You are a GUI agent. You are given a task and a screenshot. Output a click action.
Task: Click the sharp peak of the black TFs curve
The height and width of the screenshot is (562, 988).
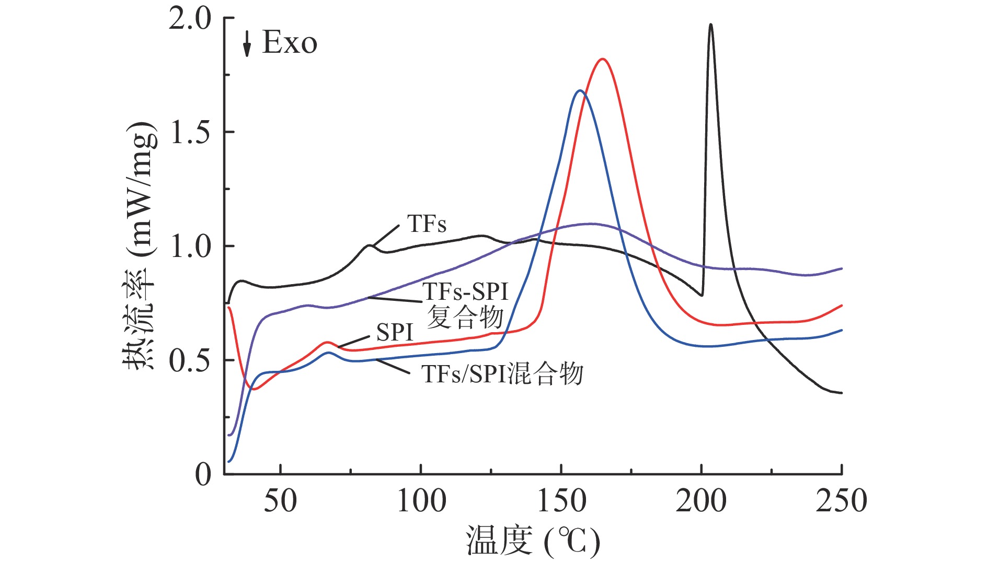710,25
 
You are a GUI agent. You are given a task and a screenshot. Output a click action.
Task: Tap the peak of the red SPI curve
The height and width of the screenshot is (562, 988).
603,60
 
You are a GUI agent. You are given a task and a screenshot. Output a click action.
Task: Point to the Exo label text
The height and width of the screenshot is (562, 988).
289,42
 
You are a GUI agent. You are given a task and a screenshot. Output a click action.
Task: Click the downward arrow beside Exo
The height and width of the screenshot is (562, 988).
247,43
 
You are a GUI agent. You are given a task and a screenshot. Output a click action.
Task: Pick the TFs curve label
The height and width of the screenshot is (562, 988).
427,224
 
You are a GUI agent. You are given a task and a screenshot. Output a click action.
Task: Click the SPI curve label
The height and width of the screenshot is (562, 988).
395,333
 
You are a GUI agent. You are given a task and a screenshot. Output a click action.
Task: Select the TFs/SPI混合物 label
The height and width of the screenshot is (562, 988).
502,374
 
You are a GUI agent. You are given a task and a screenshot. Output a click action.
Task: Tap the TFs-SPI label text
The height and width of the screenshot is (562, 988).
465,291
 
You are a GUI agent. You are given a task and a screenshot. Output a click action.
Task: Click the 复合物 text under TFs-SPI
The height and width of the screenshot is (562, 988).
465,317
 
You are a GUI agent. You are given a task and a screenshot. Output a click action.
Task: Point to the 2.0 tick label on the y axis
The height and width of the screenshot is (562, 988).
190,19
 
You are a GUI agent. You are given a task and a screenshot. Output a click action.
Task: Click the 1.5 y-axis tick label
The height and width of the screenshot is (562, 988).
190,133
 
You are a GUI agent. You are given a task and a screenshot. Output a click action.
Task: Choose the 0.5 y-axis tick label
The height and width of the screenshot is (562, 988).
190,361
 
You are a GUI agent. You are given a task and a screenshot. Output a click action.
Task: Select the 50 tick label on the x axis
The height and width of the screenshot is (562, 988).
280,501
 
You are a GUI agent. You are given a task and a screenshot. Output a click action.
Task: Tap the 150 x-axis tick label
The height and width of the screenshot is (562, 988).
561,501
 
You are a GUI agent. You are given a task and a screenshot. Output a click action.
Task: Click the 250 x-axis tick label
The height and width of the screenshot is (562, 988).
841,501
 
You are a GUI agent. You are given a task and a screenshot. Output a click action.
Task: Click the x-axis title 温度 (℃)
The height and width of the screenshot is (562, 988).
533,541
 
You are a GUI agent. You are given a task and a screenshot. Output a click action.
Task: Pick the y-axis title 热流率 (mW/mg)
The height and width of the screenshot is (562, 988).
140,245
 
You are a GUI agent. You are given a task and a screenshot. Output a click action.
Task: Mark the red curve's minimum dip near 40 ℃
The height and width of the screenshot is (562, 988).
254,389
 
